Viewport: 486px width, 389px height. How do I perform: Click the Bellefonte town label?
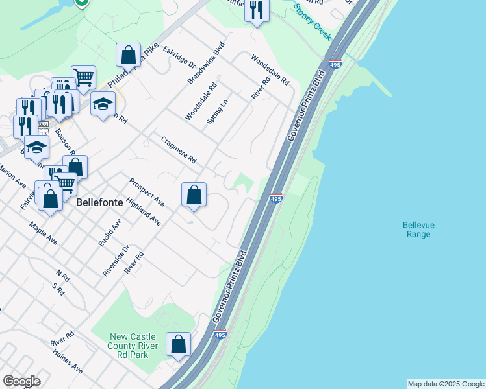pyautogui.click(x=99, y=202)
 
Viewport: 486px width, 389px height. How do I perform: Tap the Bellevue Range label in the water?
pyautogui.click(x=419, y=230)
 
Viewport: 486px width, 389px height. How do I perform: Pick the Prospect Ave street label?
pyautogui.click(x=146, y=193)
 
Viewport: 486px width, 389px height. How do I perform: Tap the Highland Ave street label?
pyautogui.click(x=144, y=212)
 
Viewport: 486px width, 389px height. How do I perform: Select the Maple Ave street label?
pyautogui.click(x=44, y=233)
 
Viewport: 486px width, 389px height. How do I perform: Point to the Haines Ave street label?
pyautogui.click(x=68, y=360)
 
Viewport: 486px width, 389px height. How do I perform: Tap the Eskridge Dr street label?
pyautogui.click(x=179, y=57)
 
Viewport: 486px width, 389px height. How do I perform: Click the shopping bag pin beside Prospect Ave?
pyautogui.click(x=194, y=194)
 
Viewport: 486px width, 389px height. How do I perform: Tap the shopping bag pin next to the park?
pyautogui.click(x=178, y=344)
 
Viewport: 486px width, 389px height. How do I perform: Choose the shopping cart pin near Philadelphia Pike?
pyautogui.click(x=83, y=77)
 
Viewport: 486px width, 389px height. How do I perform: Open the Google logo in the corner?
pyautogui.click(x=21, y=381)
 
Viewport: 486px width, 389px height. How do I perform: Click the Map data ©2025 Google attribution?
pyautogui.click(x=446, y=384)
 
